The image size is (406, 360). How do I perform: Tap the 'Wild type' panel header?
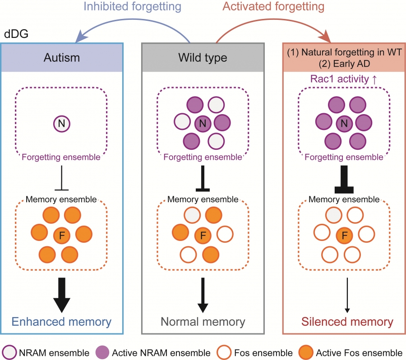click(203, 58)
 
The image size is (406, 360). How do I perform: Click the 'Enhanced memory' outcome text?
click(61, 322)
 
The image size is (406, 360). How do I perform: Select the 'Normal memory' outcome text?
click(203, 322)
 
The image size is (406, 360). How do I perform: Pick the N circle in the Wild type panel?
click(203, 122)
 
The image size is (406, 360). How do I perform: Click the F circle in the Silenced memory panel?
click(345, 235)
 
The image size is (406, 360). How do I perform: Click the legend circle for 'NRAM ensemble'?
click(9, 352)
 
